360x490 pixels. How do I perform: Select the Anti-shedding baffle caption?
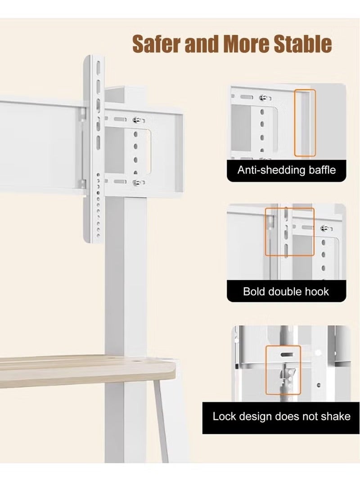coord(286,170)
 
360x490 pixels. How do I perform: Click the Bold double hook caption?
coord(286,291)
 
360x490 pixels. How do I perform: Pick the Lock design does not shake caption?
coord(281,416)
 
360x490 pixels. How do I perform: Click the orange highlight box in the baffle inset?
coord(305,123)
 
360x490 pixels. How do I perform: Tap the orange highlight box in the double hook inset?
coord(283,232)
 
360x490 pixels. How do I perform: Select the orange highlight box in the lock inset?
coord(283,370)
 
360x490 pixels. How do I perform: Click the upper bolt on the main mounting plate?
coord(136,120)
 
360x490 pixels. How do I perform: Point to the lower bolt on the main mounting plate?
coord(136,183)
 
